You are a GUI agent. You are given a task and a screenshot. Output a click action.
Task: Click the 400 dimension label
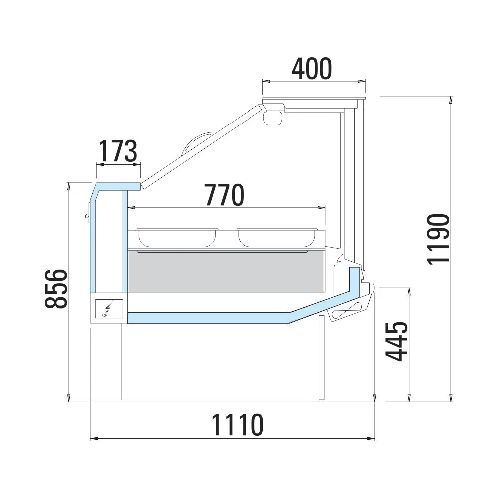coord(312,69)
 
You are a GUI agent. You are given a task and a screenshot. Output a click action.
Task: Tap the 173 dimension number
coord(118,151)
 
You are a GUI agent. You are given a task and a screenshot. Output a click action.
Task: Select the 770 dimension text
coord(224,195)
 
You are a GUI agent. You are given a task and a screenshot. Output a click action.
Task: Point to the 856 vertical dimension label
coord(56,289)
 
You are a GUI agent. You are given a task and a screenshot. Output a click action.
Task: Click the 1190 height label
coord(438,239)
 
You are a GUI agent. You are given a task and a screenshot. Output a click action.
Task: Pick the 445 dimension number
coord(396,341)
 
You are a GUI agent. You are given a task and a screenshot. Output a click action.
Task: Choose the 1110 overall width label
coord(237,425)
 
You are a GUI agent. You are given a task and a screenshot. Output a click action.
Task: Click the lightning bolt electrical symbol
coord(107,309)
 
